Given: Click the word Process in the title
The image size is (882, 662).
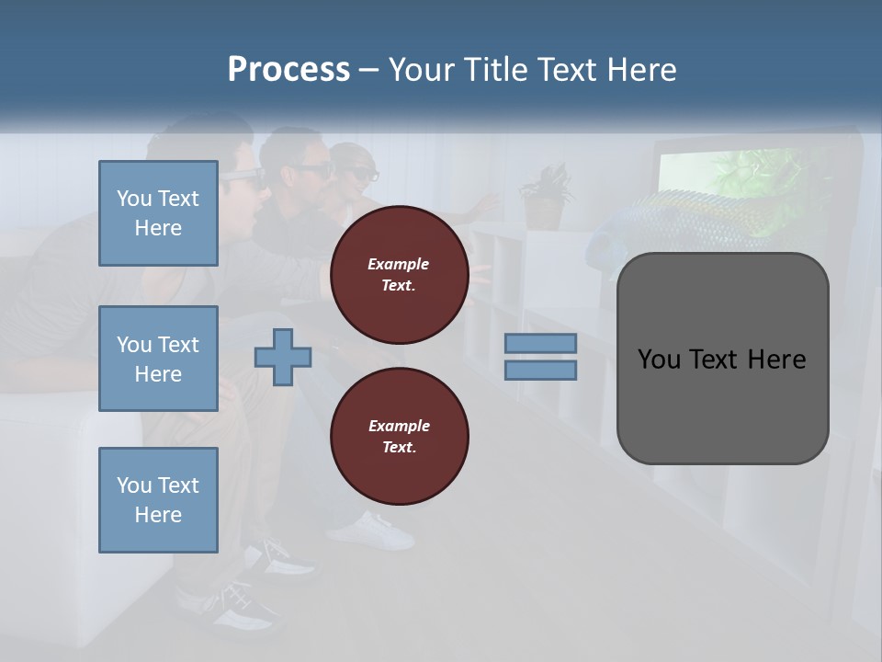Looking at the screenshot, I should tap(288, 69).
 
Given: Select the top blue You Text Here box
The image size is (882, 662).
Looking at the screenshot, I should tap(158, 213).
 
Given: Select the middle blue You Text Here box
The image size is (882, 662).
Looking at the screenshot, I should tap(158, 359).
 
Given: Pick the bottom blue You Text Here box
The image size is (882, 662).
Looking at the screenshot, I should tap(158, 499).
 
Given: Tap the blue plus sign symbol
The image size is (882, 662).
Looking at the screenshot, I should tap(283, 357).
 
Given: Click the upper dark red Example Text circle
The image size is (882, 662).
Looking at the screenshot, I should tap(400, 275).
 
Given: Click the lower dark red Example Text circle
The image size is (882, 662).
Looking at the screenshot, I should tap(400, 437).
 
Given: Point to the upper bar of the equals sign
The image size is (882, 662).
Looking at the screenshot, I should tap(540, 344).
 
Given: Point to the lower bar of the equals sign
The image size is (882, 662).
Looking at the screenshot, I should tap(540, 370).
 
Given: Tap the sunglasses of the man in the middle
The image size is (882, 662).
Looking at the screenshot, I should tap(311, 171).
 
